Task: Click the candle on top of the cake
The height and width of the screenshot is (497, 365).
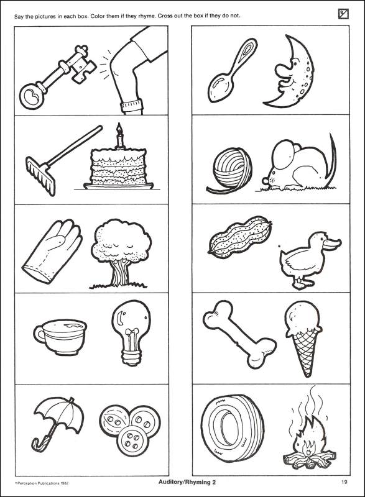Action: (x=119, y=135)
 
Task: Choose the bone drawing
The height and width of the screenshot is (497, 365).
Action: (x=239, y=334)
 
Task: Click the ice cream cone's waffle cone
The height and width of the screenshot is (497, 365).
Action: (x=305, y=351)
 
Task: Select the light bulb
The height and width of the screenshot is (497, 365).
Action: (x=131, y=332)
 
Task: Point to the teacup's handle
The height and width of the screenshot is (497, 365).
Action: (x=39, y=334)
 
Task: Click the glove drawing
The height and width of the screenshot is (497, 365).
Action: (x=52, y=250)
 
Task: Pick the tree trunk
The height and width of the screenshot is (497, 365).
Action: (x=120, y=273)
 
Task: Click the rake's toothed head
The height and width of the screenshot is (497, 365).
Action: (x=40, y=176)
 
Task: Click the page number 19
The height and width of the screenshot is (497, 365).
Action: (x=344, y=482)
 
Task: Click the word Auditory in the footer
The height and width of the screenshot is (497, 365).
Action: (x=170, y=483)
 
